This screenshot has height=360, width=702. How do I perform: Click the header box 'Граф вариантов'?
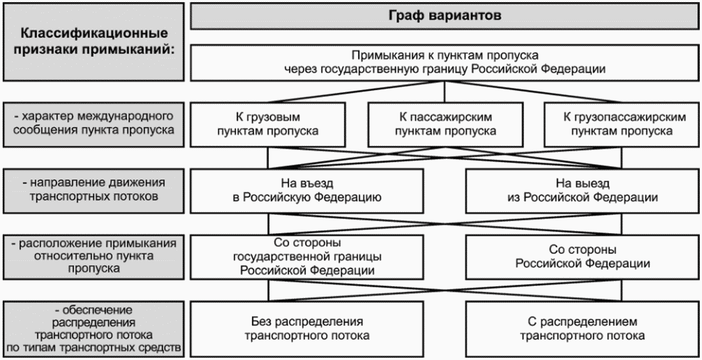(444, 16)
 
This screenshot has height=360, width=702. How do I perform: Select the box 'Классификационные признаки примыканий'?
(93, 42)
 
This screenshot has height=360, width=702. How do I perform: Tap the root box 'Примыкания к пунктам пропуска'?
(444, 63)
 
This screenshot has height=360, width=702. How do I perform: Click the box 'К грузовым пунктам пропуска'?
(267, 124)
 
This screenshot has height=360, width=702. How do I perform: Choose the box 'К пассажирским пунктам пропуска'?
(445, 124)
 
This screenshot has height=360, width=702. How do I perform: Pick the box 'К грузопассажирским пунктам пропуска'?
(622, 124)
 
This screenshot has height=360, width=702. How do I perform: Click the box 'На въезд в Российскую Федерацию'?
(306, 190)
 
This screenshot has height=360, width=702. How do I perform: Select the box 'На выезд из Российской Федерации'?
(583, 190)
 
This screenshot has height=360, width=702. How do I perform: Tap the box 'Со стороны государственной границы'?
(306, 257)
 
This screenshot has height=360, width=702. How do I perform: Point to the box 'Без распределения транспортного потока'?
(306, 329)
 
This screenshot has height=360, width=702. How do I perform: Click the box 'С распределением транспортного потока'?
(583, 329)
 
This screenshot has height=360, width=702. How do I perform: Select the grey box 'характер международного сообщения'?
(93, 124)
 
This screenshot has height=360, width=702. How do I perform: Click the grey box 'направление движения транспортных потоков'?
(93, 190)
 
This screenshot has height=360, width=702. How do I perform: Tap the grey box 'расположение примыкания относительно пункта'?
(93, 257)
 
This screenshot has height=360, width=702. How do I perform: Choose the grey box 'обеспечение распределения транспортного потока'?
(93, 329)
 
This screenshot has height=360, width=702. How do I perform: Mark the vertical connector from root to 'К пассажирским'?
(445, 92)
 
